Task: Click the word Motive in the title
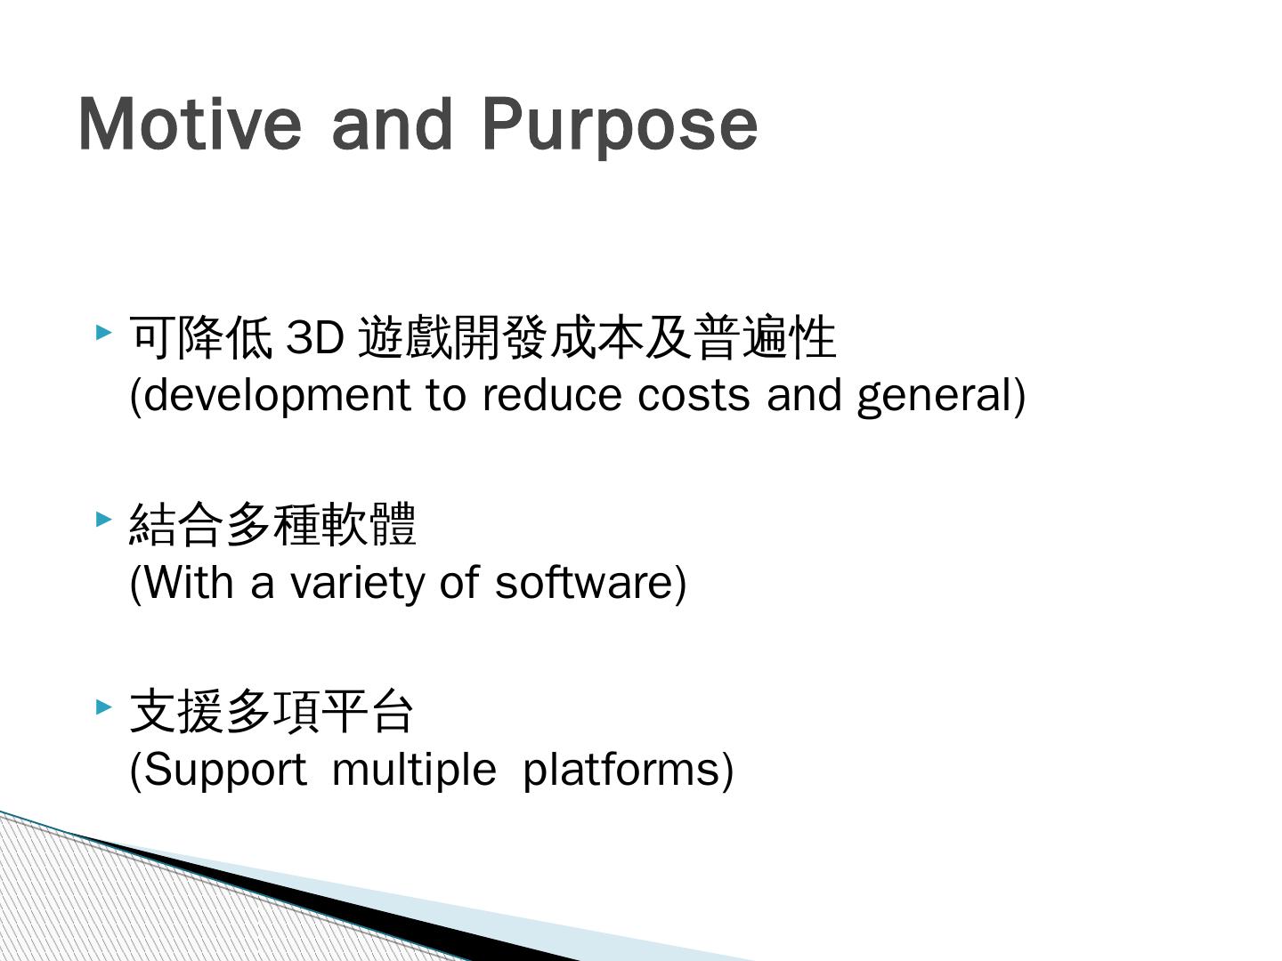(190, 125)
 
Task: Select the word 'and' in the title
(392, 124)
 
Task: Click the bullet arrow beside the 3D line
(103, 333)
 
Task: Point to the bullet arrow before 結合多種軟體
(103, 519)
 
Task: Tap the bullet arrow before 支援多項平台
(103, 707)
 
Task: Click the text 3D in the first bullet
(315, 338)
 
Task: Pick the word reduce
(551, 396)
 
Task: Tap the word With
(188, 582)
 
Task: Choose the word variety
(357, 585)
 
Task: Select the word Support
(225, 771)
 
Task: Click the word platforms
(621, 771)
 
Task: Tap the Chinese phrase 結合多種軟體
(272, 524)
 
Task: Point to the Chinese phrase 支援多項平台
(271, 711)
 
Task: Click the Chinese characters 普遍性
(765, 337)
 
